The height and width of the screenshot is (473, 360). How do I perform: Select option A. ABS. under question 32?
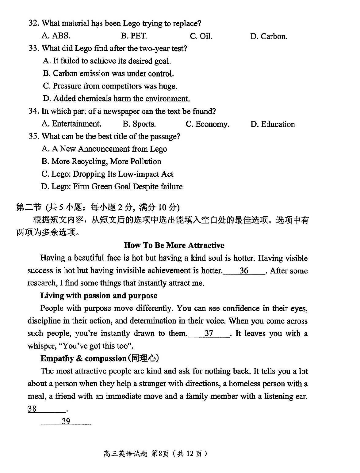click(x=56, y=36)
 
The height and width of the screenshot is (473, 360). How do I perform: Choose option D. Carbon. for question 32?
click(x=269, y=36)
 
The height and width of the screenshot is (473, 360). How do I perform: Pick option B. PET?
click(x=134, y=36)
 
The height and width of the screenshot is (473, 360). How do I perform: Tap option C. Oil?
click(x=201, y=36)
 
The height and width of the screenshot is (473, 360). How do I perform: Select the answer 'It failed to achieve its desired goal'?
click(x=107, y=61)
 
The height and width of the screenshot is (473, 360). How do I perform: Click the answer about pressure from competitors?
click(x=110, y=86)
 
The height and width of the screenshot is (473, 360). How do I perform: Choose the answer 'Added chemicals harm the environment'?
click(x=116, y=99)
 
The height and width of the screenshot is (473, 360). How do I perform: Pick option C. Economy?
click(x=207, y=124)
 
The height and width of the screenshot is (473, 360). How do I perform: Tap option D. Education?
click(x=273, y=124)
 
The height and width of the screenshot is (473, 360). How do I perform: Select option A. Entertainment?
click(x=71, y=124)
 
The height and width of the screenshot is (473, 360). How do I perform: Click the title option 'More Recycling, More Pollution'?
click(x=101, y=161)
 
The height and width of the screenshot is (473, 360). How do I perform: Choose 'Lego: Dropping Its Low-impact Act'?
click(x=107, y=174)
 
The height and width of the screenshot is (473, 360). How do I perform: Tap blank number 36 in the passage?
click(x=244, y=271)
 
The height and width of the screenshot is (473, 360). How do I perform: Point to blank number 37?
click(x=209, y=333)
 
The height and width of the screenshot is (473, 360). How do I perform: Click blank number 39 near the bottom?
click(x=66, y=421)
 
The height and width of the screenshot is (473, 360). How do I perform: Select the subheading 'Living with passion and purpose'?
click(x=99, y=296)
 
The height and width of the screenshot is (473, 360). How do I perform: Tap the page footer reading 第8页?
click(x=160, y=454)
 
